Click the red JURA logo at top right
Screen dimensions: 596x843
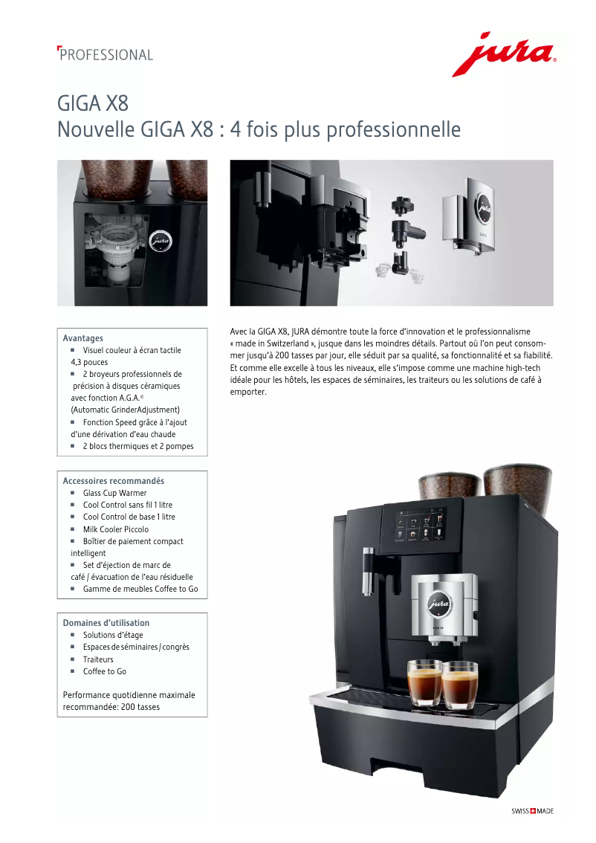(503, 54)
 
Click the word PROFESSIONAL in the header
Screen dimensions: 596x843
(106, 55)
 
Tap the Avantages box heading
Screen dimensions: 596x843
(82, 338)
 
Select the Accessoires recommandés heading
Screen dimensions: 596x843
(114, 481)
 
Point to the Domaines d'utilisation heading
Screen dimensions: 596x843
(106, 622)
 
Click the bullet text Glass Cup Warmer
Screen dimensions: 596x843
(114, 493)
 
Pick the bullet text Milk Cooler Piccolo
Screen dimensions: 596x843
(115, 529)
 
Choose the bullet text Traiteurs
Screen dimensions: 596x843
(98, 659)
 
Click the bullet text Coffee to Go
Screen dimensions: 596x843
(104, 671)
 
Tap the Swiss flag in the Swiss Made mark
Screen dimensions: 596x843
(533, 811)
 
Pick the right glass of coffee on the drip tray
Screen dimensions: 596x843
(460, 685)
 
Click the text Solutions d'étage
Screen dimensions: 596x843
(113, 635)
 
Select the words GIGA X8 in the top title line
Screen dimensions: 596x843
(93, 103)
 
